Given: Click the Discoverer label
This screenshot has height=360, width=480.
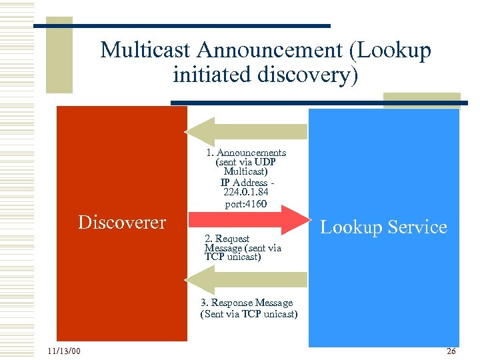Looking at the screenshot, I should point(122,222).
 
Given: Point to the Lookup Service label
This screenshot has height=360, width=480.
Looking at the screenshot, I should point(383,227).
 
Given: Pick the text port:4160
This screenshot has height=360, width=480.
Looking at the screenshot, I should point(246,204).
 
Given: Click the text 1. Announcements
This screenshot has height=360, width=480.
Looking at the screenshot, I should point(246,153).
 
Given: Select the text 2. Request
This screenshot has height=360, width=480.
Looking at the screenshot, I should point(227,239).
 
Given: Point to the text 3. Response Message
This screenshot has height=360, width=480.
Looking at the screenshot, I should point(247,303).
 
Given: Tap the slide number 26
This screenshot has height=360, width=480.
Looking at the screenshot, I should point(451,351).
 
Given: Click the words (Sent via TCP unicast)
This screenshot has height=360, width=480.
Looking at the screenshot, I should point(249,314).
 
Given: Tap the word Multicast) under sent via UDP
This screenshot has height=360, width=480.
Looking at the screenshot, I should point(246,172).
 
